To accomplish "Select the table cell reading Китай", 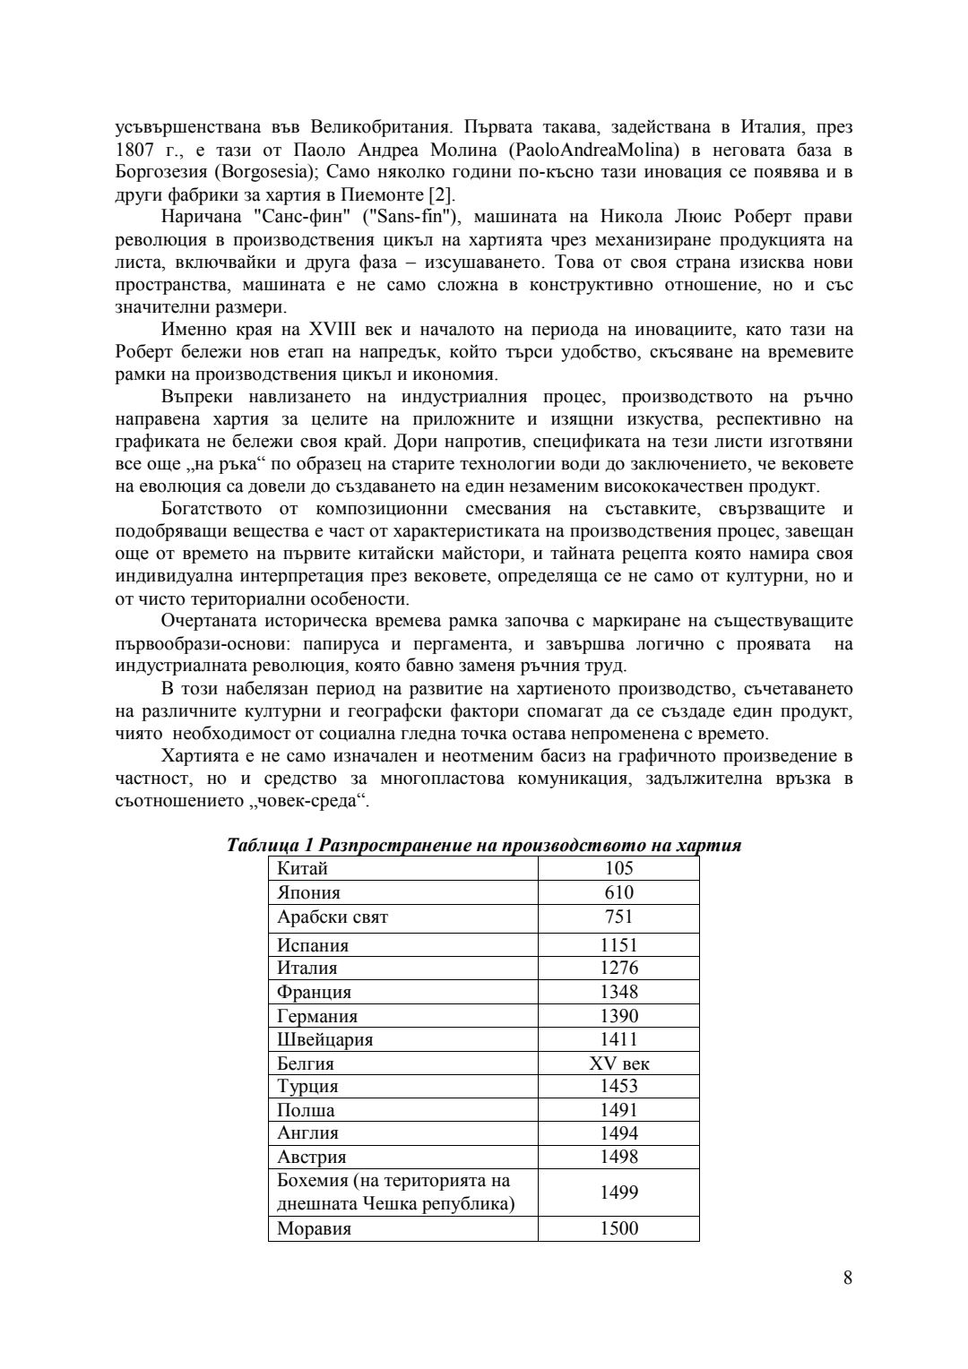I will pos(303,868).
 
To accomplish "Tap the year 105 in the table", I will pos(618,868).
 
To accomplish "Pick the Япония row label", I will pos(308,892).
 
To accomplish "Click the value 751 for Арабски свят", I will pos(618,917).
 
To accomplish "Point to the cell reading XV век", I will pos(618,1063).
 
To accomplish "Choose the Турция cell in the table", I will pos(307,1086).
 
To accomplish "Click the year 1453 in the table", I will pos(618,1086).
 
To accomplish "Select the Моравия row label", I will pos(314,1228).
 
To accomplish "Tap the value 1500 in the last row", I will pos(618,1228).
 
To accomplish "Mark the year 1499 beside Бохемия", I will pos(618,1192).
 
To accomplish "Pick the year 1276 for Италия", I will pos(618,968).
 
